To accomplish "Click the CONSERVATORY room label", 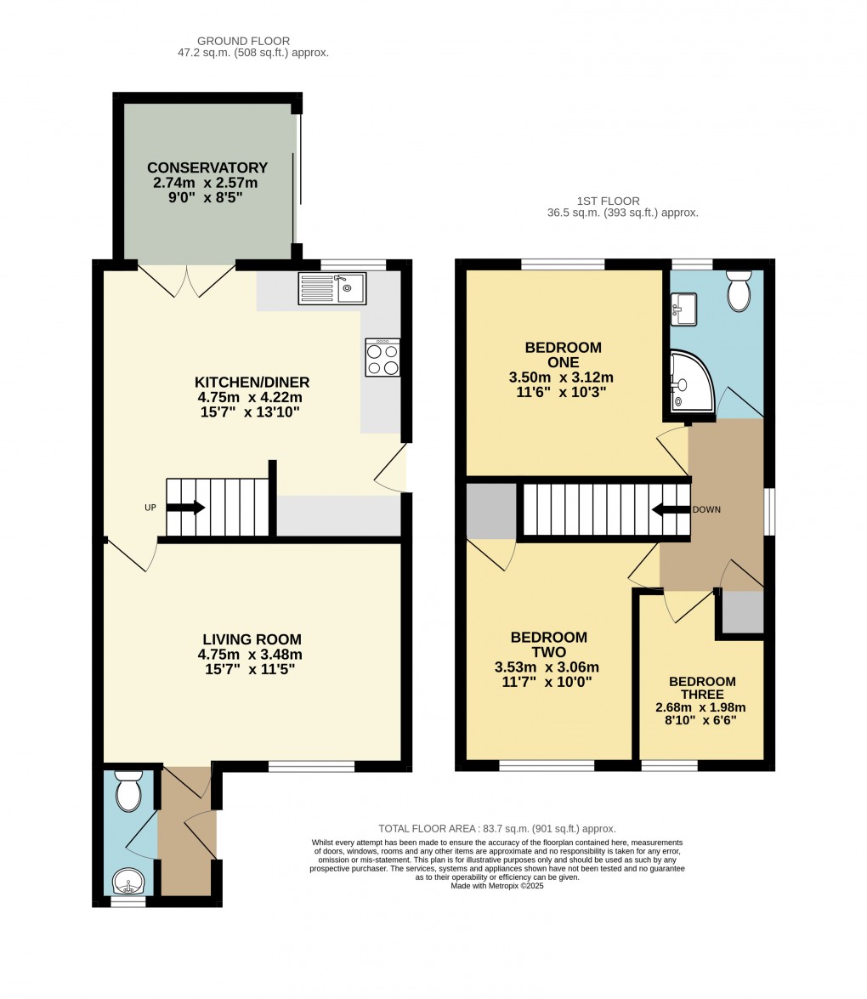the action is tap(207, 167).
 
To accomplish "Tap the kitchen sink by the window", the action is tap(331, 288).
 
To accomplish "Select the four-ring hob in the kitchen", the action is tap(382, 357).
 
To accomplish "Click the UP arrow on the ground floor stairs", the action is tap(185, 508).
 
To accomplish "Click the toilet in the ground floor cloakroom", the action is tap(128, 791).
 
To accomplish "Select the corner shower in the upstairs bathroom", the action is tap(693, 380).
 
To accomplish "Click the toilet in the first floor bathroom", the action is tap(739, 291).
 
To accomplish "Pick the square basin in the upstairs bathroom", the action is tap(683, 309).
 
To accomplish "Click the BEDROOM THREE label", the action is tap(702, 688).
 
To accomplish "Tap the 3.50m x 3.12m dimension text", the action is tap(561, 377).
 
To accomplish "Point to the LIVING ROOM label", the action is tap(252, 639).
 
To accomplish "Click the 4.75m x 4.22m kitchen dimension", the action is tap(250, 397).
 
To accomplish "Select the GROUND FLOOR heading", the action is tap(243, 41).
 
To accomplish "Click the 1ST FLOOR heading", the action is tap(608, 201).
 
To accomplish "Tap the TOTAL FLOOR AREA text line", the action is tap(497, 829).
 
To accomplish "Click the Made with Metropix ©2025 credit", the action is tap(497, 886).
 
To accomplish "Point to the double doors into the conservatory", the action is tap(186, 281).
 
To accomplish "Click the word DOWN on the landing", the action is tap(706, 509).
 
